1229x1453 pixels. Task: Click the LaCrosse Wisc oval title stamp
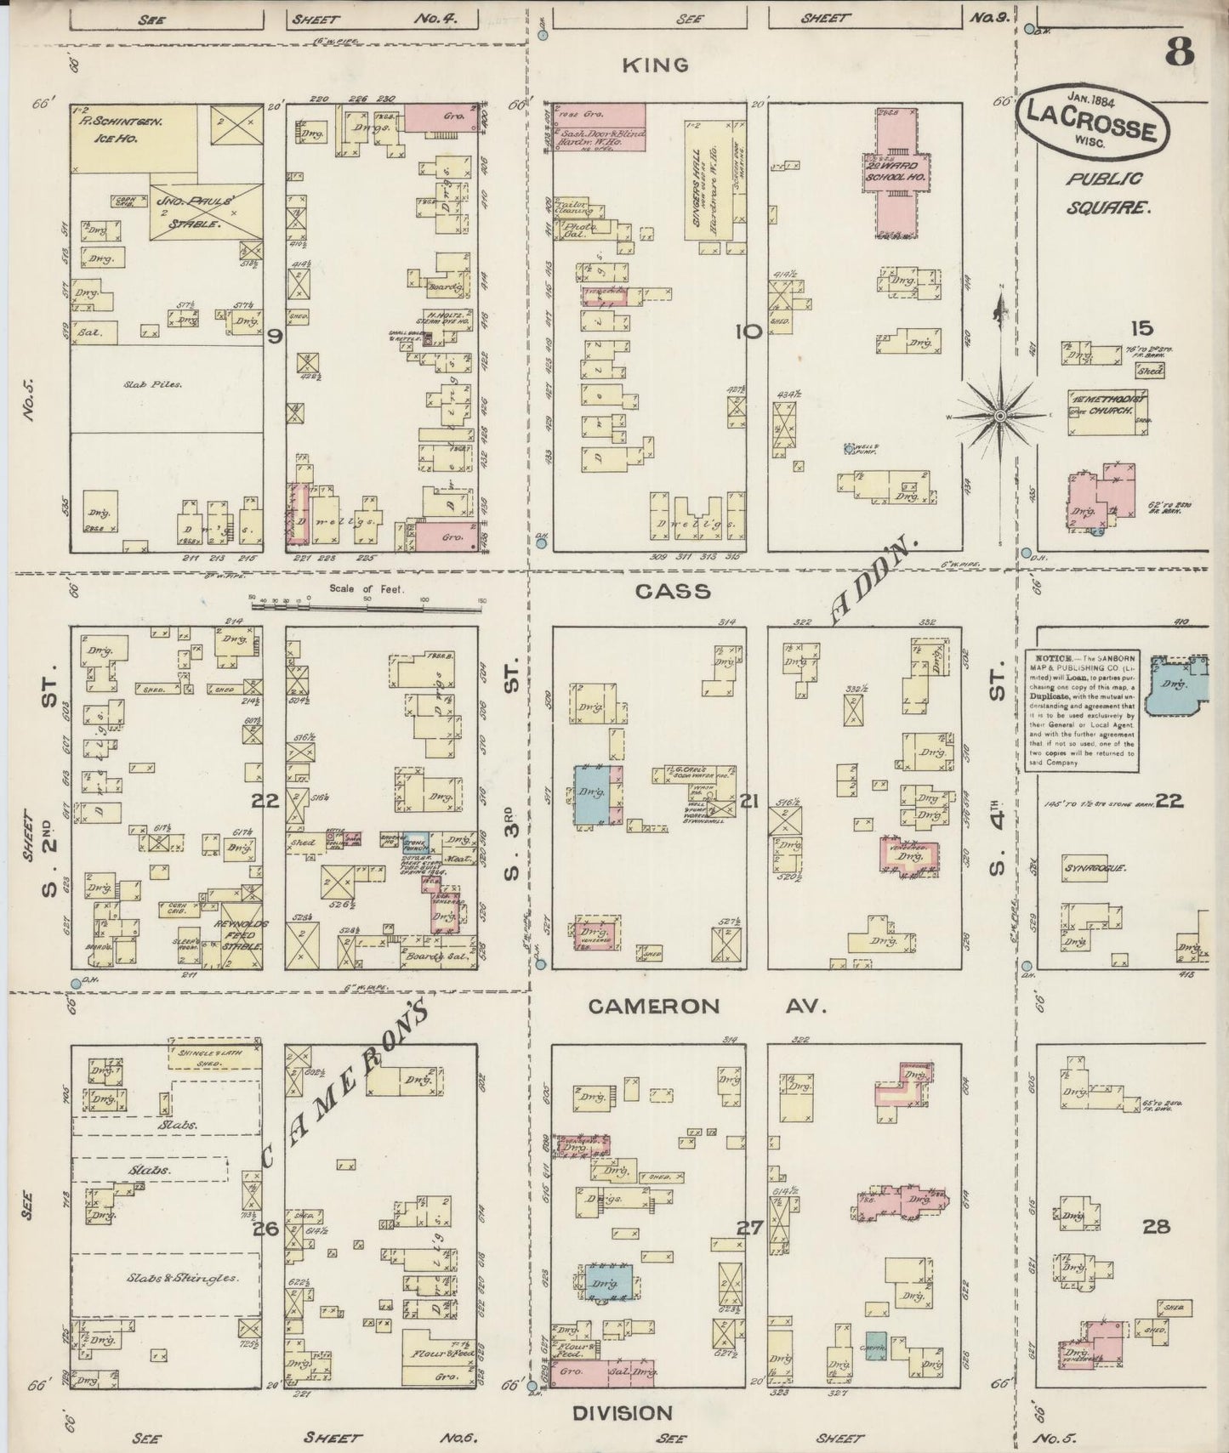click(1092, 123)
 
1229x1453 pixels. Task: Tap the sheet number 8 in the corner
click(1179, 53)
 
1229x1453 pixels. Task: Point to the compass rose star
click(1001, 416)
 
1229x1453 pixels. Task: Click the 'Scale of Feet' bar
click(367, 607)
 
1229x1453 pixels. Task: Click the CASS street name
click(673, 591)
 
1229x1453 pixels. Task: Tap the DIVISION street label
click(622, 1413)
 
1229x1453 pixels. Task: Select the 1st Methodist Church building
click(1107, 411)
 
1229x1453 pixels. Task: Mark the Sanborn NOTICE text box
click(1082, 711)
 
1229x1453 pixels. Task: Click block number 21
click(749, 801)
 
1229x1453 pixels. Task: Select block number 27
click(749, 1228)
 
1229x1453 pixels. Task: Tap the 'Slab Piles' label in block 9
click(156, 384)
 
